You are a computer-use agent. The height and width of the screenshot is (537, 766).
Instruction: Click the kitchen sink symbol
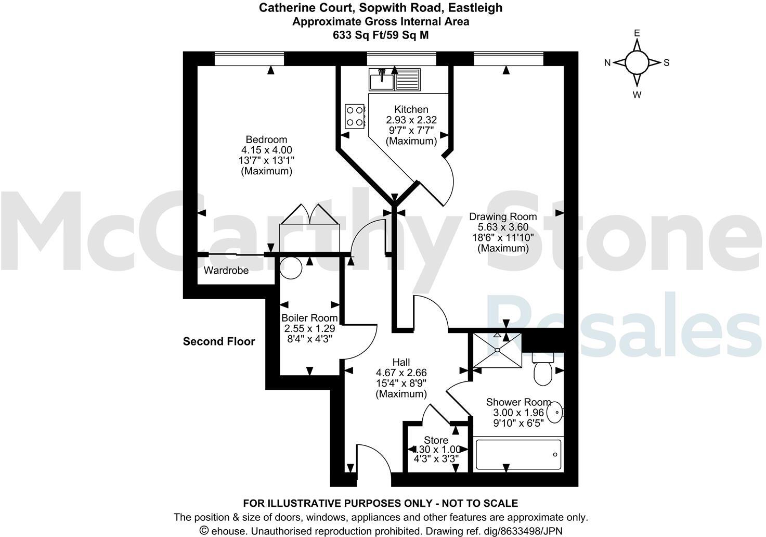(x=394, y=80)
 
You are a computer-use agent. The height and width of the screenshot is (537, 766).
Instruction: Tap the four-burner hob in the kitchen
(x=355, y=116)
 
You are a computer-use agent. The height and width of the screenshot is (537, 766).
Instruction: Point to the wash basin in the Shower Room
(x=555, y=412)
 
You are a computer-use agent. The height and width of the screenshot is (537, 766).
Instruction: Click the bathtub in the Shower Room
(x=518, y=456)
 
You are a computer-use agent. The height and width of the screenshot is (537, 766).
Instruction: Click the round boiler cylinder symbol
(x=290, y=267)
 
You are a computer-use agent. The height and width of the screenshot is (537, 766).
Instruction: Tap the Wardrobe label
(x=226, y=271)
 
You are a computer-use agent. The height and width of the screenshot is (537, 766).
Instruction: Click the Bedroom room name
(x=266, y=139)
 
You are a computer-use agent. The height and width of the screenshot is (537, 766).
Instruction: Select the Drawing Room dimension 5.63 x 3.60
(x=503, y=227)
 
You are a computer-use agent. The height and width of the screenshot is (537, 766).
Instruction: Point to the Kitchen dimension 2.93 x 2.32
(x=411, y=120)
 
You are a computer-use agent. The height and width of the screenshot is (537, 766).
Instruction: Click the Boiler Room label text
(x=309, y=318)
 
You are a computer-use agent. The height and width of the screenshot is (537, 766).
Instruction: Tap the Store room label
(x=436, y=440)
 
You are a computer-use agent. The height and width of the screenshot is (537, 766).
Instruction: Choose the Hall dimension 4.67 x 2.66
(x=401, y=373)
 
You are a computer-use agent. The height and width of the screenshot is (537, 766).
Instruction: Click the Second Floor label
(x=219, y=342)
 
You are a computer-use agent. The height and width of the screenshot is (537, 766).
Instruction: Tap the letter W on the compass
(x=637, y=95)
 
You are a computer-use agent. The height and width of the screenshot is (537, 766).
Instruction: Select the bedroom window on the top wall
(x=249, y=59)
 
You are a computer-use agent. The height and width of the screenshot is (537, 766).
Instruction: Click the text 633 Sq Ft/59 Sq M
(x=381, y=35)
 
